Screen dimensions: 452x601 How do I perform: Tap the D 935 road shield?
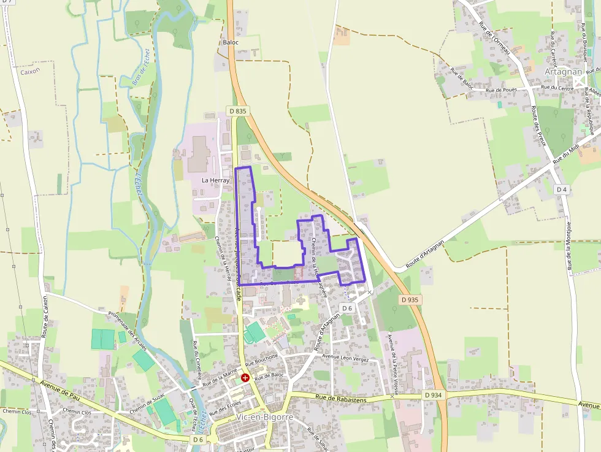(411, 300)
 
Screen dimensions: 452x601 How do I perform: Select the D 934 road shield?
(433, 396)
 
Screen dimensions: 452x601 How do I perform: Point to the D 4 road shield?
(562, 190)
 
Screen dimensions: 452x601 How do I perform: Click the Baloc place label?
(231, 42)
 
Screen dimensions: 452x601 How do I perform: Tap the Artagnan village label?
(562, 72)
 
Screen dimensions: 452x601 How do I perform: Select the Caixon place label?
(29, 71)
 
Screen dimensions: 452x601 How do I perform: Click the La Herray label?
(215, 180)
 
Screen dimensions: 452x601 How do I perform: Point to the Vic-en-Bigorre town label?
(264, 417)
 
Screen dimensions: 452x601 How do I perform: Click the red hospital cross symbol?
(245, 378)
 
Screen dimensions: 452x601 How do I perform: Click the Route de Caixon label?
(45, 319)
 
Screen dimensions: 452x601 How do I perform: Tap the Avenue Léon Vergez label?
(345, 358)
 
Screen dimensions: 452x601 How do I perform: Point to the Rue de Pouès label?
(502, 90)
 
